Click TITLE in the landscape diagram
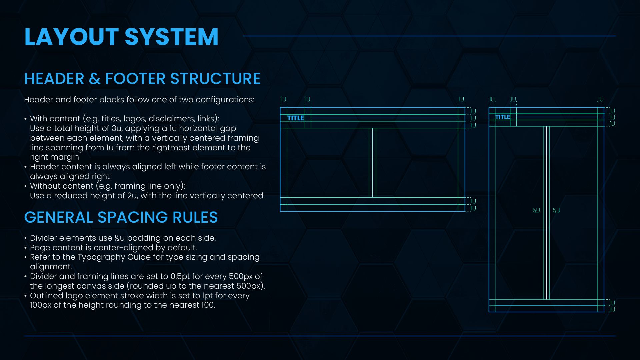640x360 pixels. pos(295,118)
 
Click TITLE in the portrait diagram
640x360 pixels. pos(502,117)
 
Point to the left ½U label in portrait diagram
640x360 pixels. pos(536,210)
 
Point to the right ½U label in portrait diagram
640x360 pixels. pos(556,210)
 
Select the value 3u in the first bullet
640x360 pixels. pos(116,128)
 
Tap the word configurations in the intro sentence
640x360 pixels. pos(225,100)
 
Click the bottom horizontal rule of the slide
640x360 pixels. pos(320,336)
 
